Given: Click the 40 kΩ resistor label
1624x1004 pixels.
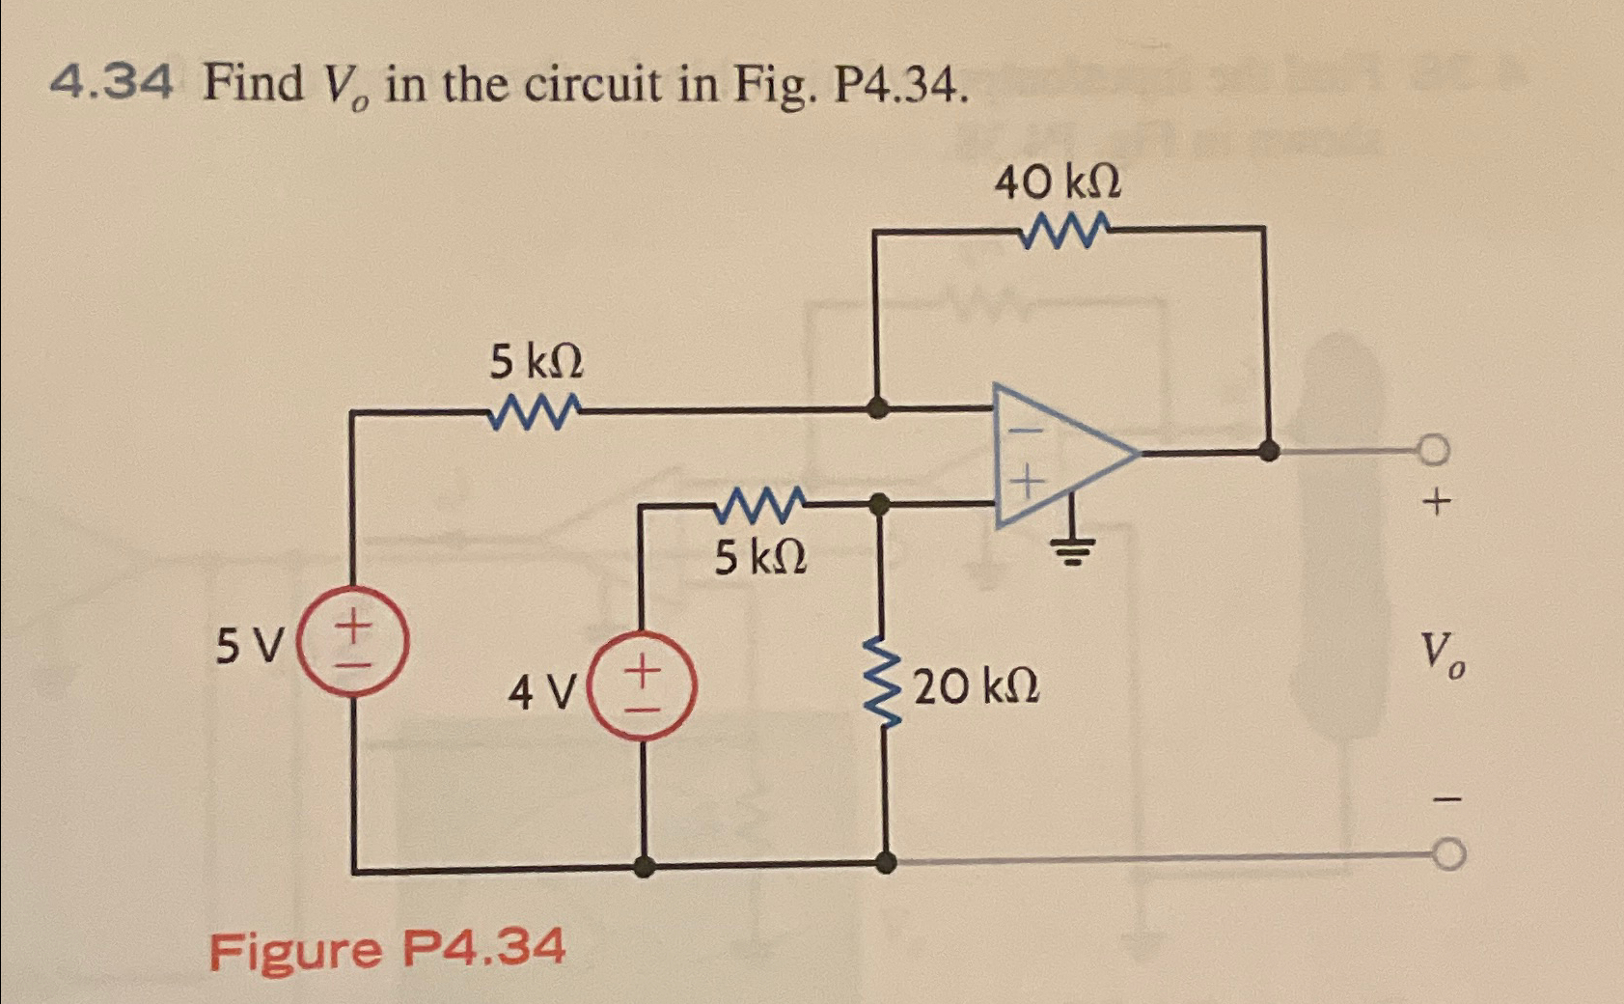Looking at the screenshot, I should coord(1058,182).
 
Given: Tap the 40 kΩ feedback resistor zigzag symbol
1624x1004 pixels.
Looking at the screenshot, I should coord(1067,231).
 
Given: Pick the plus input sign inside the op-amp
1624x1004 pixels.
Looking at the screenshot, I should coord(1029,479).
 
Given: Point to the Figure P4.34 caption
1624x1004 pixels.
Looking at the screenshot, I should coord(387,949).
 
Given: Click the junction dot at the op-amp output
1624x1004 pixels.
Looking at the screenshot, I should coord(1269,449).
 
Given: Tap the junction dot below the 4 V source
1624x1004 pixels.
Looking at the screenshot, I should coord(645,866).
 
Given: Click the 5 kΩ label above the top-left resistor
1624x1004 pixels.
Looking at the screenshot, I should coord(537,364).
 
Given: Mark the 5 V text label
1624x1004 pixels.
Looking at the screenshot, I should coord(251,645).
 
